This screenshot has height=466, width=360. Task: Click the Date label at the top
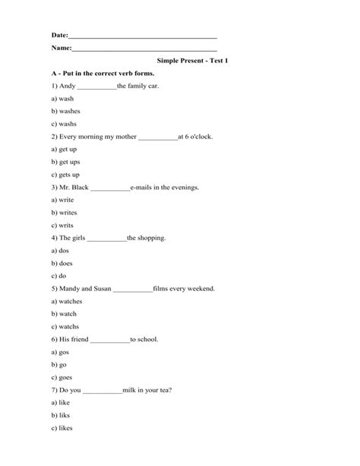coord(59,36)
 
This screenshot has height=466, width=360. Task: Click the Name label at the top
coord(61,48)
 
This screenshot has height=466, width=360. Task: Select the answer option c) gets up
coord(65,174)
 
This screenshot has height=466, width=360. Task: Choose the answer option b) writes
coord(64,213)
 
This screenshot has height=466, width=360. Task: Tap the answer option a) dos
coord(60,250)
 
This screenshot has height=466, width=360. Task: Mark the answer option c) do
coord(58,276)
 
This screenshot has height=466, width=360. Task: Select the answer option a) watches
coord(67,301)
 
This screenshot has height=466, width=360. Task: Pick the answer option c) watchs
coord(65,327)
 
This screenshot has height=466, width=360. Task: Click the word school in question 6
coord(147,339)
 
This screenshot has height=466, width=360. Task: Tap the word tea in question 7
coord(164,390)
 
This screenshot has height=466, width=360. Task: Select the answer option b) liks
coord(60,415)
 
